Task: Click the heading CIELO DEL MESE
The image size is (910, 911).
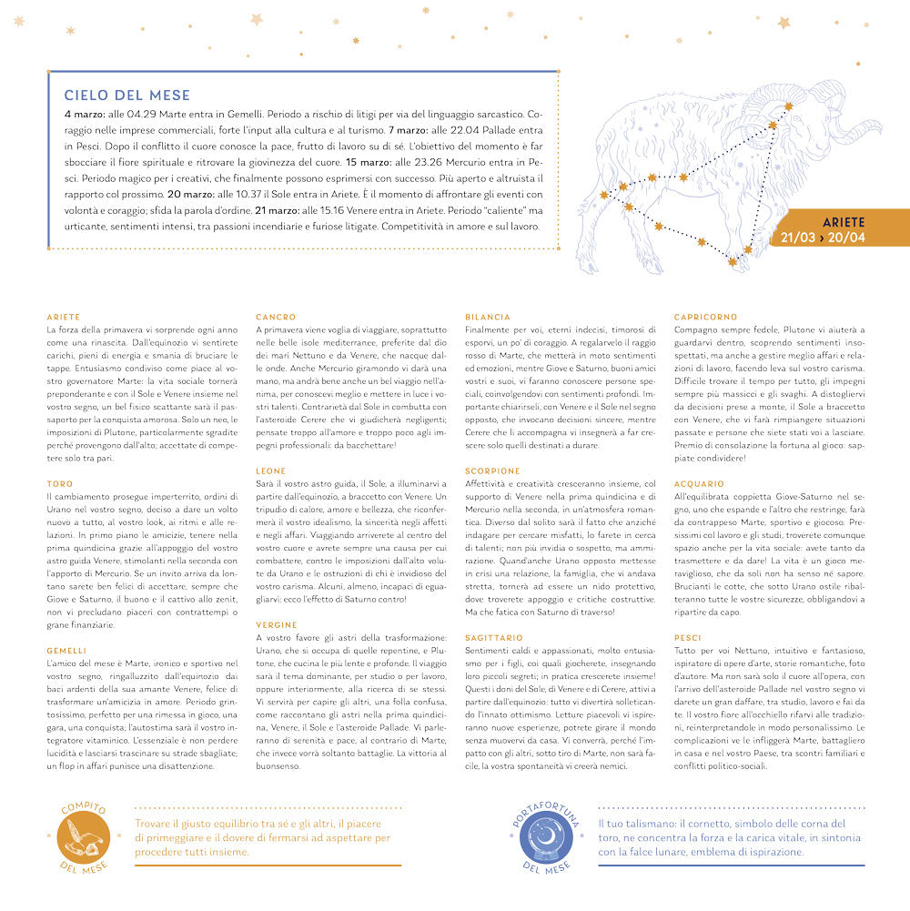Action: pyautogui.click(x=126, y=96)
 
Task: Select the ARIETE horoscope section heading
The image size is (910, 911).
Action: pyautogui.click(x=63, y=317)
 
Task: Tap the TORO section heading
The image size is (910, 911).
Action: pyautogui.click(x=59, y=484)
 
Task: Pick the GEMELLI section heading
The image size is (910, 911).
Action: pyautogui.click(x=66, y=651)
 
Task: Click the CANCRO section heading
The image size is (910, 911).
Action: pyautogui.click(x=275, y=317)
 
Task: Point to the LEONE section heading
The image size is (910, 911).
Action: pyautogui.click(x=271, y=471)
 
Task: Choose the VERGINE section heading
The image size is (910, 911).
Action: pyautogui.click(x=276, y=625)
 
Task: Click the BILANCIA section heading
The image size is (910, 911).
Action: pyautogui.click(x=487, y=317)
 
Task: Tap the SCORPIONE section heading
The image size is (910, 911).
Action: pyautogui.click(x=492, y=471)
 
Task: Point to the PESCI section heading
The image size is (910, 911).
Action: pyautogui.click(x=688, y=638)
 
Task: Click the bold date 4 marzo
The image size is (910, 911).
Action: pyautogui.click(x=85, y=116)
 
